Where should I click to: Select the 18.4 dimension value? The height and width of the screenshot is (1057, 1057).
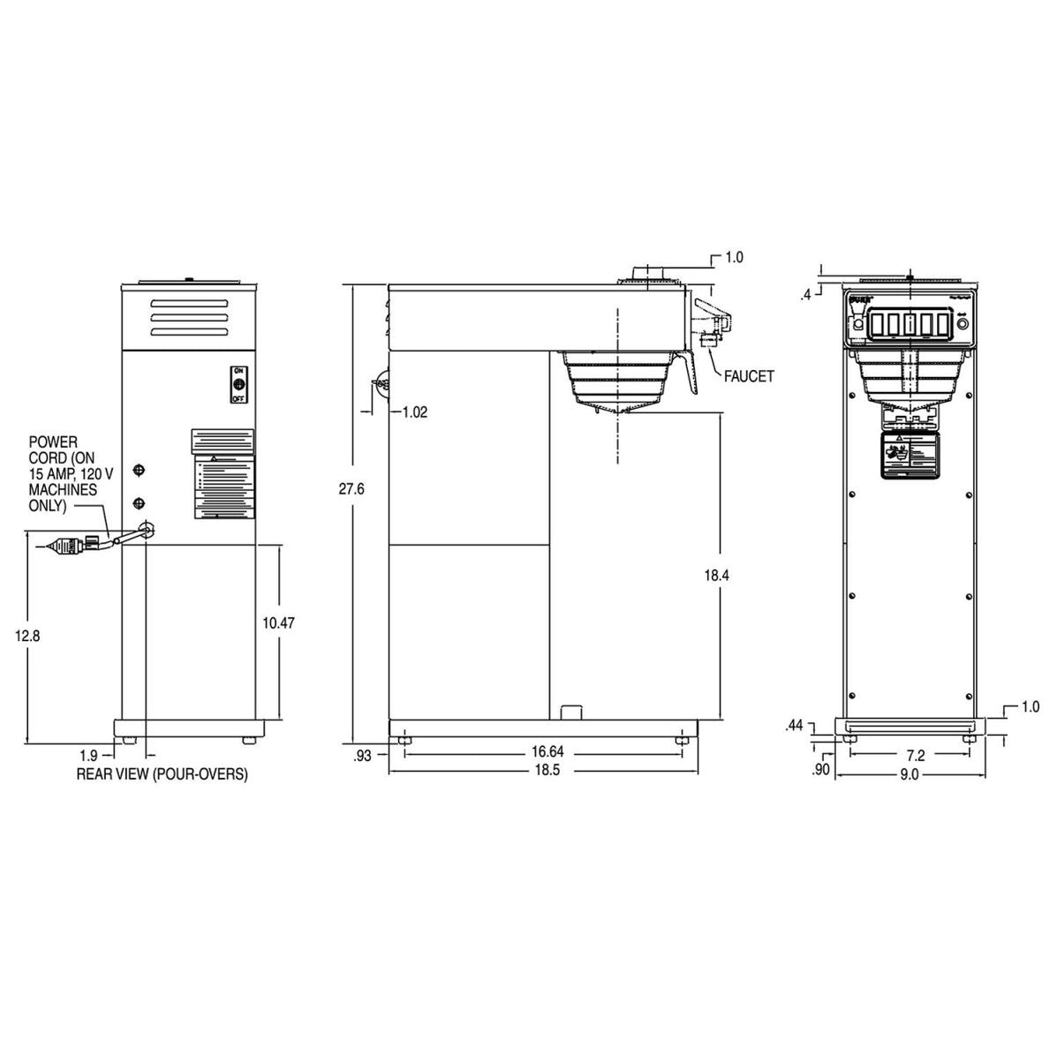[718, 576]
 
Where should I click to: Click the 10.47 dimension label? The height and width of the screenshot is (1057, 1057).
[279, 623]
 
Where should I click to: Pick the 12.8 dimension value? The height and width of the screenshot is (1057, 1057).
[28, 635]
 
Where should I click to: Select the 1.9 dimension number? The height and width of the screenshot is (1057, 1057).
[88, 755]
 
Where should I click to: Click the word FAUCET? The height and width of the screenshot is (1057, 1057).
[749, 376]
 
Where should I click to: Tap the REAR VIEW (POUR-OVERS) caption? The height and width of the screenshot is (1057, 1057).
[162, 774]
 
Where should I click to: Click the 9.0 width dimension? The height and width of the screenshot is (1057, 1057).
[909, 774]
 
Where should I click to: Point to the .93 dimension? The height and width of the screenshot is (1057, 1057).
[362, 756]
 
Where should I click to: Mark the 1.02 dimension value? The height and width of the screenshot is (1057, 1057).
[414, 412]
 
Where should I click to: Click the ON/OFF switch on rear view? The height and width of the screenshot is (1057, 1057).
[238, 384]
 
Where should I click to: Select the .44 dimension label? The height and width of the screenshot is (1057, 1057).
[794, 726]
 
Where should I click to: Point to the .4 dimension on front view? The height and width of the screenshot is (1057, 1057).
[804, 296]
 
